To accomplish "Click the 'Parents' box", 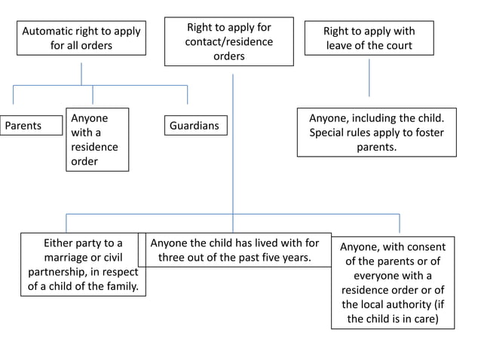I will [31, 125].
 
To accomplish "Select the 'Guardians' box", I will [195, 125].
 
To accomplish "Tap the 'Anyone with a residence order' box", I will [97, 139].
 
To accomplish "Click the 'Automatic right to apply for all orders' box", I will [81, 38].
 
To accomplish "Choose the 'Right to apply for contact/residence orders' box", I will [228, 41].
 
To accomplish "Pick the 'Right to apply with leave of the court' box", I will [369, 38].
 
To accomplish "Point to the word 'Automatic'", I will [49, 32].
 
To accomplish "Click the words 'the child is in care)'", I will [391, 319].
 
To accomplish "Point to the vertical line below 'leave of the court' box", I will [369, 78].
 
